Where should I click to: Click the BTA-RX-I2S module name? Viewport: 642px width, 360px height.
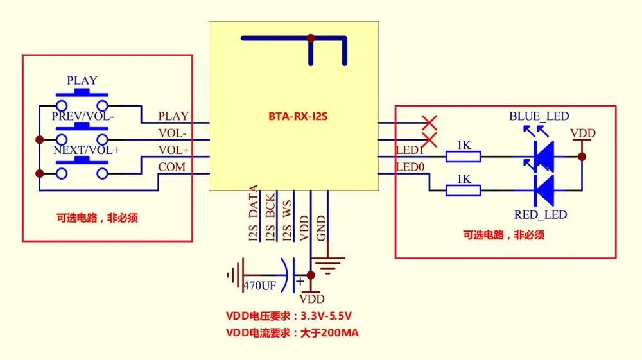[x=298, y=116]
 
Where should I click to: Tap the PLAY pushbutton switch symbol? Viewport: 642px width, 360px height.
[x=82, y=100]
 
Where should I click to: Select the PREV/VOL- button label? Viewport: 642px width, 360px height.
[x=83, y=116]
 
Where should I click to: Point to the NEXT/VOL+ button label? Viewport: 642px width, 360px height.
[x=87, y=150]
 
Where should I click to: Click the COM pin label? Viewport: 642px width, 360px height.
[x=171, y=167]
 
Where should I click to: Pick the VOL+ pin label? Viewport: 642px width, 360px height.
[x=174, y=150]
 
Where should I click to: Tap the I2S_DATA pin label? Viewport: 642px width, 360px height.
[x=254, y=213]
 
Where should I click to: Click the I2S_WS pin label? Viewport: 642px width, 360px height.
[x=288, y=221]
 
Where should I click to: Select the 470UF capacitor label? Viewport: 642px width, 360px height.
[x=259, y=286]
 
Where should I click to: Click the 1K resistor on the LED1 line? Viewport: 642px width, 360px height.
[x=463, y=157]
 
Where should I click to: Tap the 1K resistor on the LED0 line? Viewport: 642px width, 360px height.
[x=463, y=191]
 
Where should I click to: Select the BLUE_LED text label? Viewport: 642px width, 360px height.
[x=539, y=116]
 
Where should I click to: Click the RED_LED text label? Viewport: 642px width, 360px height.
[x=541, y=215]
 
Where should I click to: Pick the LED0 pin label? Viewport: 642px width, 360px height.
[x=410, y=167]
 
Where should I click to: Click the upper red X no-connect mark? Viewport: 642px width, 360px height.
[x=429, y=123]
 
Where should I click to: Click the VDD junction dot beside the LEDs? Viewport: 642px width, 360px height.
[x=582, y=157]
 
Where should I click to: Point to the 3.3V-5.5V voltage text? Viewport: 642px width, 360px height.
[x=326, y=316]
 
